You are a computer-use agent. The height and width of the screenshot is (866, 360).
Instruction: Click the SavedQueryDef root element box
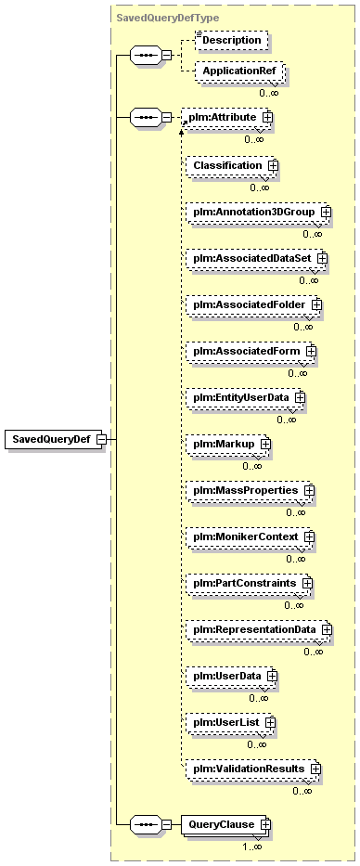pos(56,439)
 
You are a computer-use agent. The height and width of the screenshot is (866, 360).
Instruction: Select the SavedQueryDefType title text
pos(168,18)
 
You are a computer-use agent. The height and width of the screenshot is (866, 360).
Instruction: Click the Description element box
pos(231,40)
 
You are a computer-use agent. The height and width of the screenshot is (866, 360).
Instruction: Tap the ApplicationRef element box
pos(239,71)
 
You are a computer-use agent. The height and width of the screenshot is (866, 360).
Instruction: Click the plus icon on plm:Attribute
pos(267,117)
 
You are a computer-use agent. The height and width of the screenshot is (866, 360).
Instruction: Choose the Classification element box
pos(231,165)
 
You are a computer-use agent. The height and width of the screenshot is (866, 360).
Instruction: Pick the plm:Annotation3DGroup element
pos(259,212)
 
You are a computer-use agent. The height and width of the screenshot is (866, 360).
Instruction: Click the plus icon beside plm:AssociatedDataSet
pos(322,258)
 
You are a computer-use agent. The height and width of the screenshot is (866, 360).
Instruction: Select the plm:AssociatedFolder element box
pos(254,304)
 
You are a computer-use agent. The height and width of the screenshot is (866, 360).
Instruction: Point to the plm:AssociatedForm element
pos(251,351)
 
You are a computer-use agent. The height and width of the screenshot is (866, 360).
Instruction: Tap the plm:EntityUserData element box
pos(246,397)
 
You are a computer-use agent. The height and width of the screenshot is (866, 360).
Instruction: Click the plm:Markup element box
pos(228,444)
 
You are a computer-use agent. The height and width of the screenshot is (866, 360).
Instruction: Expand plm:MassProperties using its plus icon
pos(309,490)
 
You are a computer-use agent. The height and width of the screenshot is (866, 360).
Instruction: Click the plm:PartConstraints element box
pos(250,583)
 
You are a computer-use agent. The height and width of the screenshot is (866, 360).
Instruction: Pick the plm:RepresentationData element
pos(259,629)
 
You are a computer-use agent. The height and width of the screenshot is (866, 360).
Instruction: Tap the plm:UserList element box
pos(231,722)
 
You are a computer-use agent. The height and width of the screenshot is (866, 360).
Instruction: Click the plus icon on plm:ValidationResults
pos(315,769)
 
